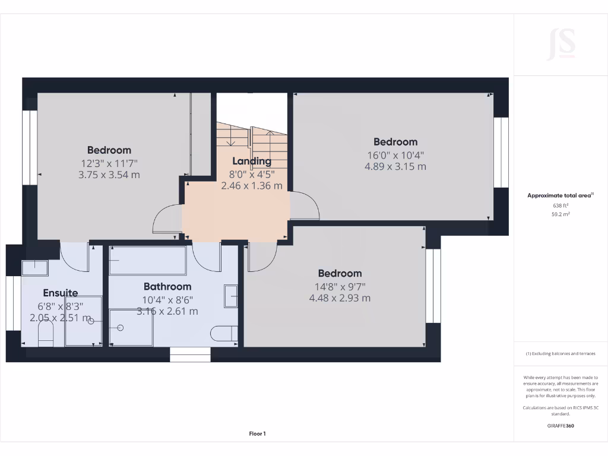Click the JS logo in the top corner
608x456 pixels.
[x=560, y=44]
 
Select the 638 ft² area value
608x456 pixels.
[x=560, y=206]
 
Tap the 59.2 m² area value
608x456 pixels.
[x=560, y=214]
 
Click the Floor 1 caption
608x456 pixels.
[x=257, y=434]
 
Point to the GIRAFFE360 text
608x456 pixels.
[x=560, y=426]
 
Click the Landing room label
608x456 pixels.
[x=252, y=161]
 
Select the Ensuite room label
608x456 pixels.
[x=61, y=293]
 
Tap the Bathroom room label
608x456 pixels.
[x=167, y=287]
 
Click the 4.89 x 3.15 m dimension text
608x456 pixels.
[x=395, y=167]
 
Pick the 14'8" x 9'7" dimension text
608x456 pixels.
[x=340, y=286]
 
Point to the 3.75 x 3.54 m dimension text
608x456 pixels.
[x=109, y=175]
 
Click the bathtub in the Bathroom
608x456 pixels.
[x=148, y=261]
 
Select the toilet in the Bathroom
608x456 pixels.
[x=225, y=334]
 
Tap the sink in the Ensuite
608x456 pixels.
[x=34, y=268]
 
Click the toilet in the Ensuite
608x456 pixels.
[x=46, y=337]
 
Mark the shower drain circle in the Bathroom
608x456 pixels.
[x=121, y=327]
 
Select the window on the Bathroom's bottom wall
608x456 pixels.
[x=190, y=354]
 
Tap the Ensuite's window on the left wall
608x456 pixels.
[x=14, y=303]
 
